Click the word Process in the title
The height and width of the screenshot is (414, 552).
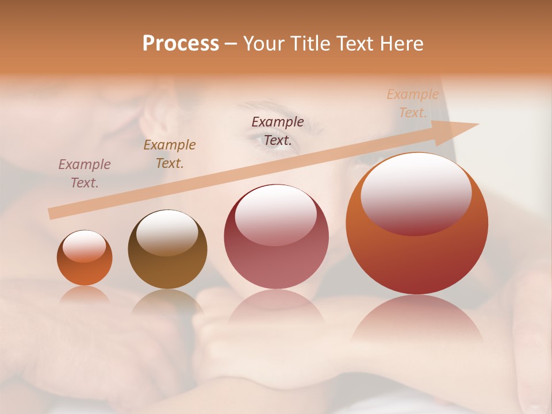181,44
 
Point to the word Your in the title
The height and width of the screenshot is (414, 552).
264,44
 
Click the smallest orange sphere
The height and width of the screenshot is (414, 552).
85,258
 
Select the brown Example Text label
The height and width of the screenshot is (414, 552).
170,154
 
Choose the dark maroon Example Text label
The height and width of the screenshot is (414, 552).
278,131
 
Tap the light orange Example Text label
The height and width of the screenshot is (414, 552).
413,103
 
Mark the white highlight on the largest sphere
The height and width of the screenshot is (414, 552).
416,193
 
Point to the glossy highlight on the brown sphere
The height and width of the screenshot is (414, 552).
167,232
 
